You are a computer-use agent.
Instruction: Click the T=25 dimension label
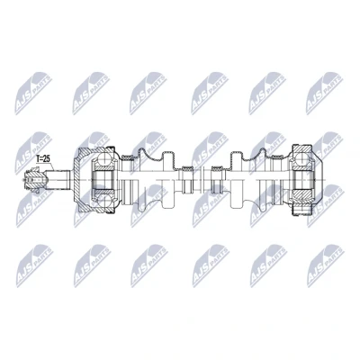coord(42,158)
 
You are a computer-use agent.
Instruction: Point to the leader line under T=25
coord(50,166)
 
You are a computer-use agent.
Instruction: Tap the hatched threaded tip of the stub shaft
coord(34,179)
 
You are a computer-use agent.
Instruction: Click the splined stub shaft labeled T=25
coord(58,179)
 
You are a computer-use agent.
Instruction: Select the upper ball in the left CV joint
coord(103,159)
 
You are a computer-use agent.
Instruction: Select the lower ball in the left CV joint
coord(103,200)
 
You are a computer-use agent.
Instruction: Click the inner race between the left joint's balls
coord(103,179)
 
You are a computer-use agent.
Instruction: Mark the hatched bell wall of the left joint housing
coord(85,157)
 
